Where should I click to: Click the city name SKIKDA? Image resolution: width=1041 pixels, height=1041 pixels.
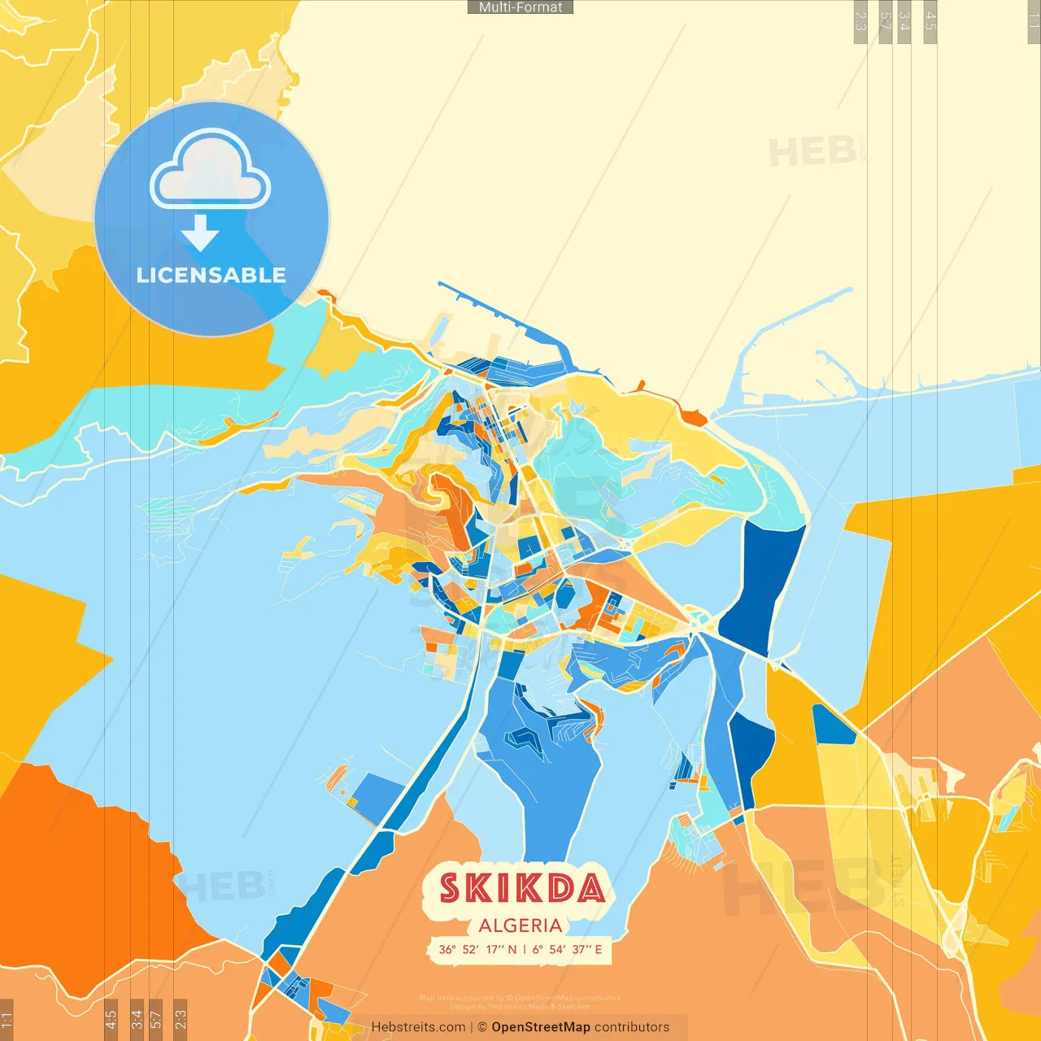(x=521, y=888)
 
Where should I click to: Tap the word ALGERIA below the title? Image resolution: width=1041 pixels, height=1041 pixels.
(x=520, y=926)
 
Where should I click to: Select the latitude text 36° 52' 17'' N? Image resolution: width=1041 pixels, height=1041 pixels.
(x=477, y=949)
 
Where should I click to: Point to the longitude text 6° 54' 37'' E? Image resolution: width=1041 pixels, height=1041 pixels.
(x=568, y=949)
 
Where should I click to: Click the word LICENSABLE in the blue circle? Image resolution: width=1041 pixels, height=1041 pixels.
(x=211, y=275)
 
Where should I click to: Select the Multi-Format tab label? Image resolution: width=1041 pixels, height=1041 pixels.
(x=520, y=7)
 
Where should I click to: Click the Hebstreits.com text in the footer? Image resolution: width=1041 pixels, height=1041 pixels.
(x=418, y=1027)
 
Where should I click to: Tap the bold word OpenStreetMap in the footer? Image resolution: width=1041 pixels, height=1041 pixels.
(x=540, y=1027)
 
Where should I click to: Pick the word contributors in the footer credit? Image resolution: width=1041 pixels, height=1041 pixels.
(x=631, y=1027)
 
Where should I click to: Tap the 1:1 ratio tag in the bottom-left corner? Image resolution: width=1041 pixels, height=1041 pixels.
(x=7, y=1019)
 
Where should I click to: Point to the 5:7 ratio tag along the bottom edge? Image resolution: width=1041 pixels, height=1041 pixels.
(x=156, y=1019)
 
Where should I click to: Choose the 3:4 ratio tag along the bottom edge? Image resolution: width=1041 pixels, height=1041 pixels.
(x=137, y=1019)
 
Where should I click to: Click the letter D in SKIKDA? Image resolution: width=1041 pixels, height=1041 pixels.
(x=559, y=888)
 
